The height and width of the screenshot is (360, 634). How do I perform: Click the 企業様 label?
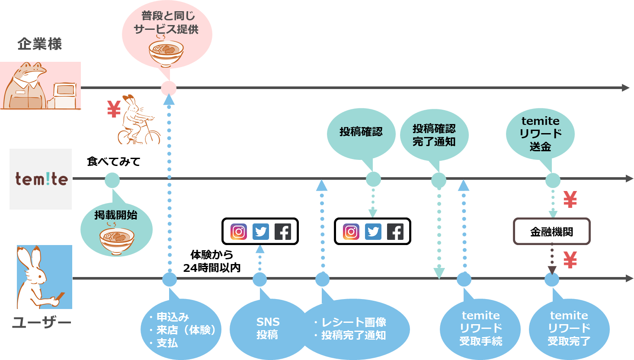(39, 44)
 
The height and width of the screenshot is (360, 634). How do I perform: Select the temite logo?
(42, 179)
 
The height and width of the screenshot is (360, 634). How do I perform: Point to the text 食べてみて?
(114, 162)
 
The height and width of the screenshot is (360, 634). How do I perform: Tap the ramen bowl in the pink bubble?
(167, 53)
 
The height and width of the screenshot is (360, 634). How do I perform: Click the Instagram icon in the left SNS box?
(239, 232)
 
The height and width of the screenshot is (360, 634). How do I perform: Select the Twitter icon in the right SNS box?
(373, 232)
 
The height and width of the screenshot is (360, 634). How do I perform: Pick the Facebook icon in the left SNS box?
(283, 232)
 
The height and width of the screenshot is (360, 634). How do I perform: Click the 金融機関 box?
(551, 232)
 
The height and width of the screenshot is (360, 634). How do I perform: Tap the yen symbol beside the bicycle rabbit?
(114, 109)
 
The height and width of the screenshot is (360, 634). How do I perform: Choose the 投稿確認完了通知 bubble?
(434, 135)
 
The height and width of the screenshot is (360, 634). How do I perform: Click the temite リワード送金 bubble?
(540, 134)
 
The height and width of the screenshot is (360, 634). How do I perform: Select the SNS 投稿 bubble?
(268, 328)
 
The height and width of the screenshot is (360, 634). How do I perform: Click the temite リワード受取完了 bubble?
(569, 328)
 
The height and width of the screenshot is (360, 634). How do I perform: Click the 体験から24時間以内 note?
(211, 261)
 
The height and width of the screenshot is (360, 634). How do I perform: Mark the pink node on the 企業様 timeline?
(169, 88)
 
